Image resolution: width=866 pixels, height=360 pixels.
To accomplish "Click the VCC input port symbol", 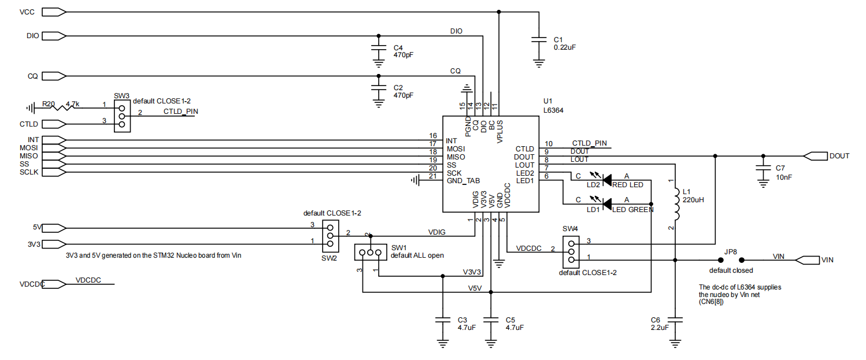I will pyautogui.click(x=55, y=12).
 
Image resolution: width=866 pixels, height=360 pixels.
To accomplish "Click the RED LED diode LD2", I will pyautogui.click(x=606, y=180).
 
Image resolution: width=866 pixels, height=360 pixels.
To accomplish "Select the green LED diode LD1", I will pyautogui.click(x=606, y=203).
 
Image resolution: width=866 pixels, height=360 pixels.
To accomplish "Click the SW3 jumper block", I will pyautogui.click(x=121, y=116).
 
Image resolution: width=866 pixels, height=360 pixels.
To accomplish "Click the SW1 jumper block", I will pyautogui.click(x=369, y=253).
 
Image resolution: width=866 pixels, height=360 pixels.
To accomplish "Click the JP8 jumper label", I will pyautogui.click(x=731, y=252).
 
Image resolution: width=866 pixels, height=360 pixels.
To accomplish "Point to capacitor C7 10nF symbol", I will pyautogui.click(x=763, y=168).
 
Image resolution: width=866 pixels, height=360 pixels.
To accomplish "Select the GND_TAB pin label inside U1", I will pyautogui.click(x=463, y=181).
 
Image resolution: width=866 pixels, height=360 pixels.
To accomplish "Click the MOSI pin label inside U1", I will pyautogui.click(x=456, y=149).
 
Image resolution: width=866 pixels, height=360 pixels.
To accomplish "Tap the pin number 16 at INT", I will pyautogui.click(x=432, y=136).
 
